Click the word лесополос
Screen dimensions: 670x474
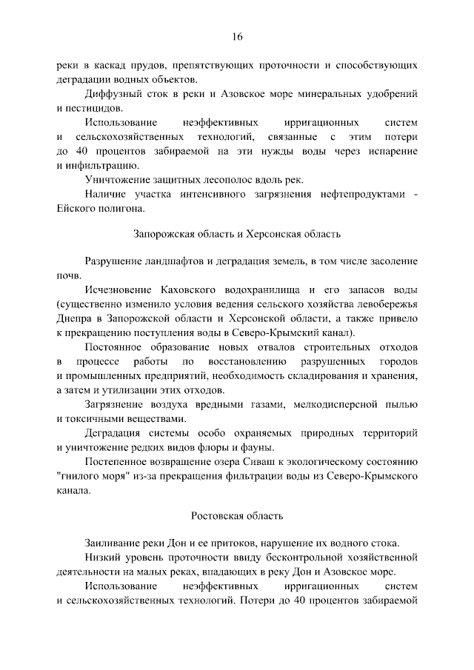(230, 180)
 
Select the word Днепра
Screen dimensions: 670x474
(73, 318)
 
